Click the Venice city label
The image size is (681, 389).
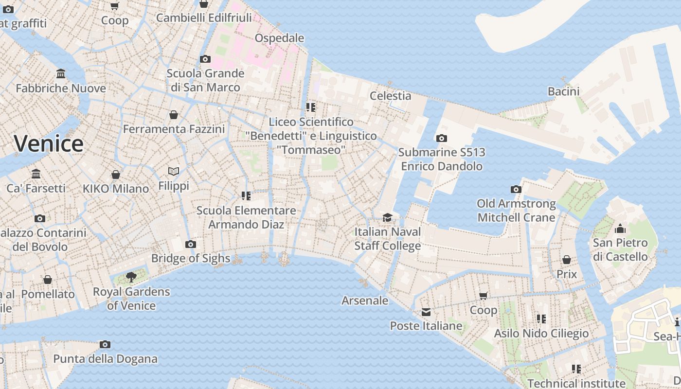click(49, 143)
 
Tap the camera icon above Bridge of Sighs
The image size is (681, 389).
click(191, 244)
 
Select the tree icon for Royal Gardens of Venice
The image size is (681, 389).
click(131, 277)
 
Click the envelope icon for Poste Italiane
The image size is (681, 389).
click(426, 312)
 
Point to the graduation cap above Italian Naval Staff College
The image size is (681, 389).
click(387, 217)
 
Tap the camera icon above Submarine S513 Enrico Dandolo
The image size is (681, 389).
click(442, 138)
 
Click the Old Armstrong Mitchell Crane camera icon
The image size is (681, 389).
click(516, 189)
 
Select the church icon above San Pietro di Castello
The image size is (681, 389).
click(620, 229)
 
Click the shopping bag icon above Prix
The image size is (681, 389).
click(567, 260)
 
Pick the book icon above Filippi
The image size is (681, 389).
click(174, 171)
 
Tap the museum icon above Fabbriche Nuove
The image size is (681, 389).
click(61, 74)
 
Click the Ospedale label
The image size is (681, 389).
click(279, 38)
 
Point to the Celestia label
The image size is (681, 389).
click(390, 96)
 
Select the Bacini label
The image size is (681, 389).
click(563, 91)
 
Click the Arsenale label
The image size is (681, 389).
click(365, 301)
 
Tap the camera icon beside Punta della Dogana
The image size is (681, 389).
click(105, 344)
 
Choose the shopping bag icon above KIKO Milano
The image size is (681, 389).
click(116, 174)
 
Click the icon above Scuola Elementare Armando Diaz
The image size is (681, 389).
click(246, 196)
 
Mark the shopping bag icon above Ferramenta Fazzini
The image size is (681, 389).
click(174, 115)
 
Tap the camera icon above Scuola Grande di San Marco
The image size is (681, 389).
click(205, 59)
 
